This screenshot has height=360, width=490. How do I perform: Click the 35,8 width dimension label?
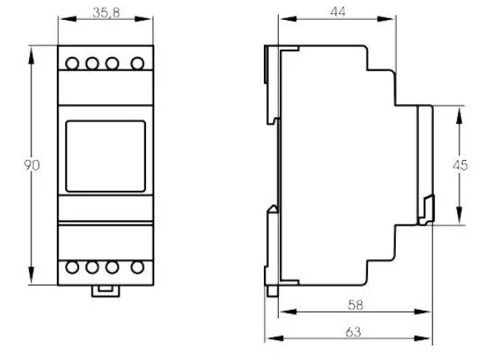[x=106, y=12]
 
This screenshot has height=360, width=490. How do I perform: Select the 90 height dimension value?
[x=32, y=165]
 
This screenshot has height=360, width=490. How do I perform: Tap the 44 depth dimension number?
[x=338, y=12]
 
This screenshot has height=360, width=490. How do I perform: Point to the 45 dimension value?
[x=460, y=165]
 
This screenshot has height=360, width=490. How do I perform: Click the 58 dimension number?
[x=356, y=305]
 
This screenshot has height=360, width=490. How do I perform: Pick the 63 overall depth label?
[x=353, y=332]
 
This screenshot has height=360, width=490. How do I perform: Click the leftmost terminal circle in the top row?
[x=73, y=64]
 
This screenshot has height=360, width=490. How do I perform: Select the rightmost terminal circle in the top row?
[x=138, y=64]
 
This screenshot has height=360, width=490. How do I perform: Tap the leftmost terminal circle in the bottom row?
[x=73, y=268]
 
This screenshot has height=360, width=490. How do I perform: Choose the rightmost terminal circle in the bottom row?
[x=138, y=268]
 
